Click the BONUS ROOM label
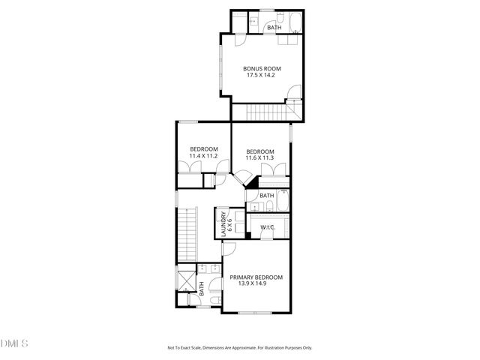coord(261,68)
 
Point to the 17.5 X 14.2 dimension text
coord(261,75)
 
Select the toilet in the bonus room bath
coord(277,18)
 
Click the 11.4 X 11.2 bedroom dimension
coord(203,156)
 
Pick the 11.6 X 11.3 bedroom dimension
coord(260,158)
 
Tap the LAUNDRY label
coord(223,222)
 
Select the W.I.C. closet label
coord(268,227)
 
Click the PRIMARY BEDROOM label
coord(256,277)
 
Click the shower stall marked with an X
coord(184,283)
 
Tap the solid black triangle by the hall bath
coord(253,181)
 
